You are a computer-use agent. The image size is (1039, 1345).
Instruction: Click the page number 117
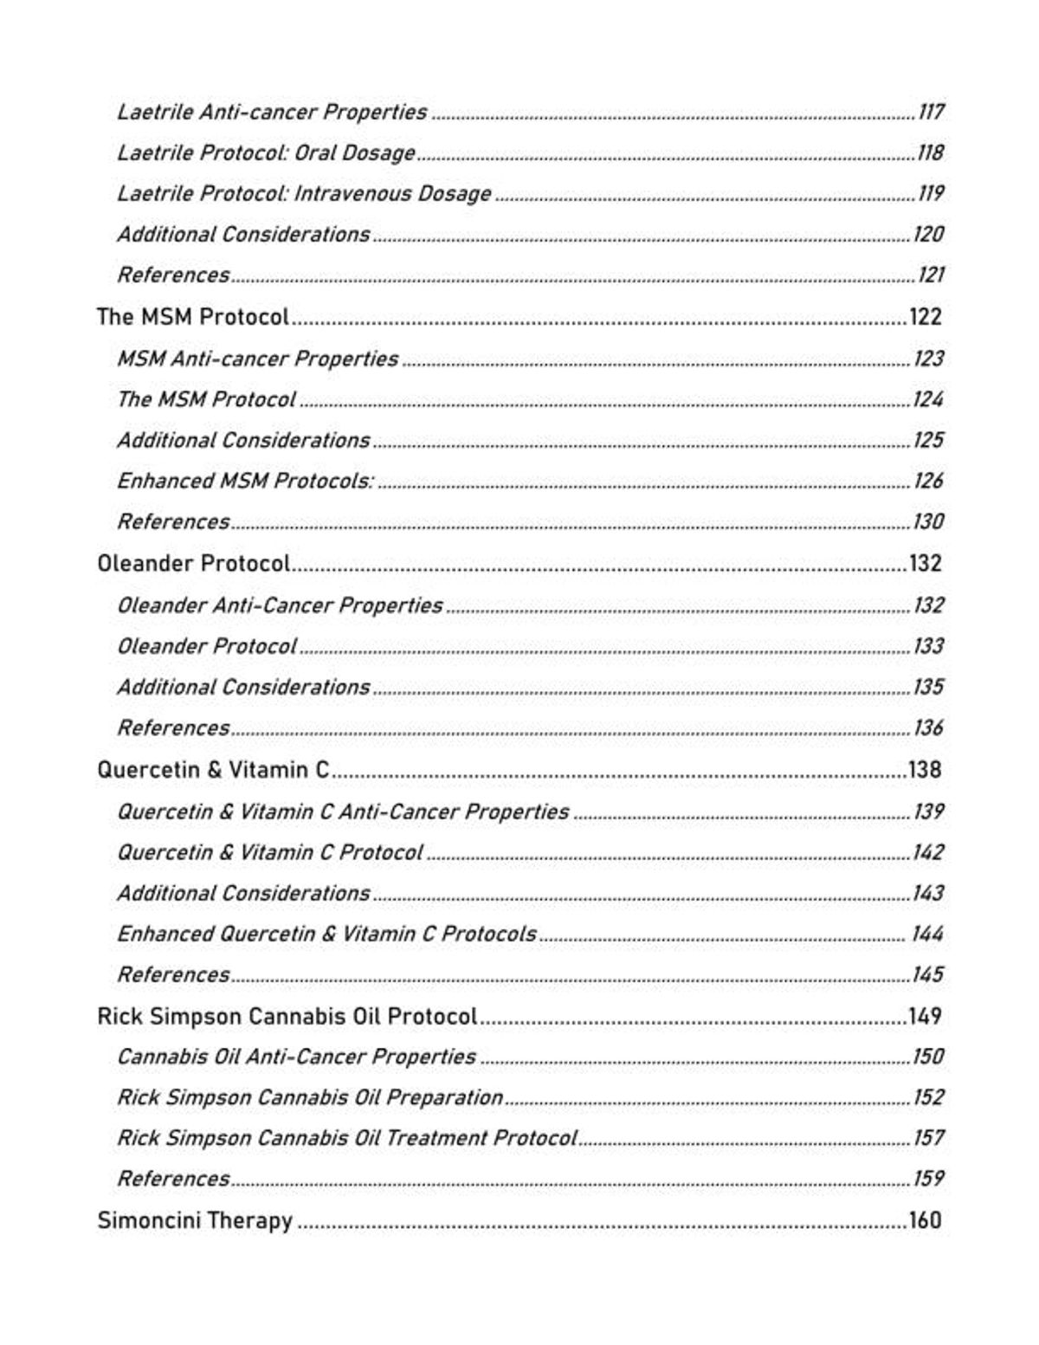931,112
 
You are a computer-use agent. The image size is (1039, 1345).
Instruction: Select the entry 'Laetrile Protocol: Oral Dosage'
266,152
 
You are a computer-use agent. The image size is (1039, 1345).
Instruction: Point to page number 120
928,234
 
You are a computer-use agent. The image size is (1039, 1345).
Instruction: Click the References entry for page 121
173,275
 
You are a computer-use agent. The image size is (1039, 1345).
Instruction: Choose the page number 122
925,316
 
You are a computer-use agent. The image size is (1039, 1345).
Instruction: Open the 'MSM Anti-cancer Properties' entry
257,359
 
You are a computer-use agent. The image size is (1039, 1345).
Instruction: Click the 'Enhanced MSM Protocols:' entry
245,481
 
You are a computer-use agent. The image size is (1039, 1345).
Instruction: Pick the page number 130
928,521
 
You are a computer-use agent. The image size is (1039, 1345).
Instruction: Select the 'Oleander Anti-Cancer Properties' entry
280,605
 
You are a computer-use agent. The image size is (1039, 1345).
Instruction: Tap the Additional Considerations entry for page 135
243,687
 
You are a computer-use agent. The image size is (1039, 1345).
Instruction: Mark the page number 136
928,727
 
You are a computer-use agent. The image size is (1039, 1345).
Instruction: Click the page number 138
925,769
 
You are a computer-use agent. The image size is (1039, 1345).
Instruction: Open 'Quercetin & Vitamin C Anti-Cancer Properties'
343,812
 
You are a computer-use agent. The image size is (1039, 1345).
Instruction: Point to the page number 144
927,934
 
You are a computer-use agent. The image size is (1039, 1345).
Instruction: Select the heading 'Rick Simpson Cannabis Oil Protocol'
287,1016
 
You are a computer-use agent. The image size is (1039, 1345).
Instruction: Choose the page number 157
928,1137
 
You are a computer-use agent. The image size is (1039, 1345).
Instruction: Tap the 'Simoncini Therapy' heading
195,1220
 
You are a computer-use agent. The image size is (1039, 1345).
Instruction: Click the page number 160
925,1220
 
